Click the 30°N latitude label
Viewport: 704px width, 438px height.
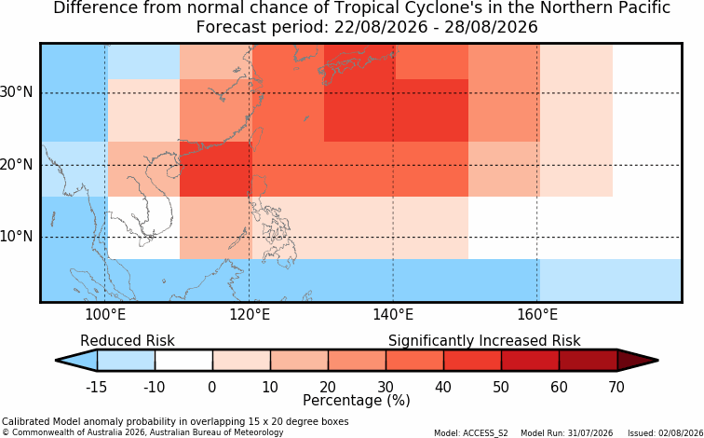(x=16, y=92)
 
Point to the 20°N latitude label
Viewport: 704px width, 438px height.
(x=16, y=165)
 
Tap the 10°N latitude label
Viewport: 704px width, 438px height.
(x=16, y=237)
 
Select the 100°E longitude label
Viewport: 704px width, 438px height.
(x=105, y=314)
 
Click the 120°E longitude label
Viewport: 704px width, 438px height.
(x=250, y=314)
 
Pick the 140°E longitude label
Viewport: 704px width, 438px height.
(x=393, y=314)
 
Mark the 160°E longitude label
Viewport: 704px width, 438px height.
(x=537, y=314)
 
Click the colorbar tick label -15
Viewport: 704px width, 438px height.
(x=97, y=387)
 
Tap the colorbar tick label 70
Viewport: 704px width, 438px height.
(x=616, y=387)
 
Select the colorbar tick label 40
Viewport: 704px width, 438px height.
(x=443, y=387)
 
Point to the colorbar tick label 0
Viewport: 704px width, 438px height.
(x=212, y=387)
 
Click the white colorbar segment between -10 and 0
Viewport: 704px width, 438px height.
(x=183, y=361)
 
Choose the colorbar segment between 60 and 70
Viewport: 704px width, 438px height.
(x=589, y=361)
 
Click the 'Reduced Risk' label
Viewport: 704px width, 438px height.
(x=128, y=340)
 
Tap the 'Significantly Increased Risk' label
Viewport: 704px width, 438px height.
(x=484, y=341)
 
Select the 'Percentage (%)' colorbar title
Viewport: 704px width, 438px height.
(x=357, y=401)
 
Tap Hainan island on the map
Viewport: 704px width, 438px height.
(x=173, y=171)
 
